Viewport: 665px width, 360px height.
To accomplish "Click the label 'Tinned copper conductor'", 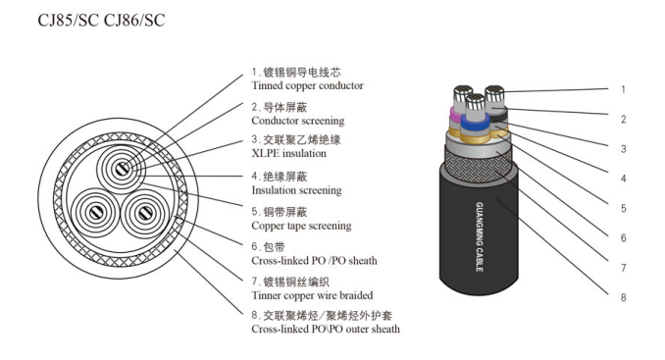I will click(x=307, y=85).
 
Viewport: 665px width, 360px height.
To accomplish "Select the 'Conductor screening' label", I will click(x=298, y=121).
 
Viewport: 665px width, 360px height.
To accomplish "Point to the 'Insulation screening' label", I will click(x=296, y=190).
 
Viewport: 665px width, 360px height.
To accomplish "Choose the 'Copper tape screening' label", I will click(x=301, y=226).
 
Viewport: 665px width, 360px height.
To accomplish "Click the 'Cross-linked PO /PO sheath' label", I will click(x=314, y=261).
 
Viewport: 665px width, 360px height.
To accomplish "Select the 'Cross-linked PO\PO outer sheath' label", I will click(x=326, y=330).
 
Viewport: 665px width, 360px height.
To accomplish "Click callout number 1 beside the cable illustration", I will click(x=622, y=89).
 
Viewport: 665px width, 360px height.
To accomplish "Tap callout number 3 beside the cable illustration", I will click(x=622, y=149).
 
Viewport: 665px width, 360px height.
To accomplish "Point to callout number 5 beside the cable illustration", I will click(x=622, y=208).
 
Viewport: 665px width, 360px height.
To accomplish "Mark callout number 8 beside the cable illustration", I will click(x=622, y=296).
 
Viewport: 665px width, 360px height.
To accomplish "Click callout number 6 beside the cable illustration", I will click(x=622, y=237).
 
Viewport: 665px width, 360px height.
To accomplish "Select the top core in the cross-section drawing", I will click(x=120, y=168).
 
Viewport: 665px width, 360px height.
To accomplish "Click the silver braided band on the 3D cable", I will click(x=481, y=157).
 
